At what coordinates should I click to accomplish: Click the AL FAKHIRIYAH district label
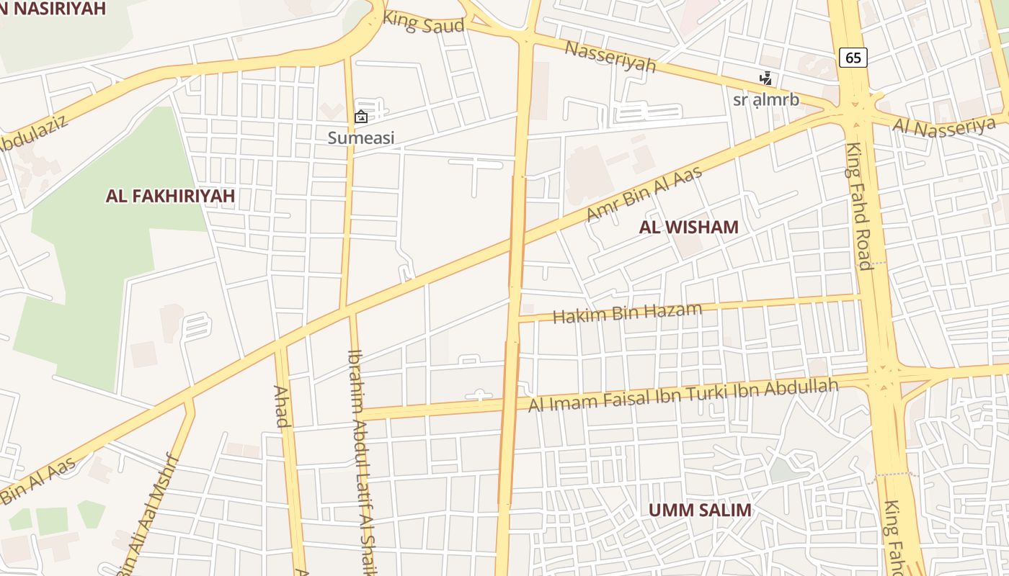[170, 196]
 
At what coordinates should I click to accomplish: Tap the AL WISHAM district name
[688, 228]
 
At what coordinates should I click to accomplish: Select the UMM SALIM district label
[699, 510]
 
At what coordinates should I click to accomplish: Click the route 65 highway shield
[853, 58]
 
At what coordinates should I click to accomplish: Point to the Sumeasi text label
[361, 138]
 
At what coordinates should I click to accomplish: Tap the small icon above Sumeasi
[361, 117]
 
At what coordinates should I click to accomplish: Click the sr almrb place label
[765, 100]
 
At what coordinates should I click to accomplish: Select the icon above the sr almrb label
[765, 78]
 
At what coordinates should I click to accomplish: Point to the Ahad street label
[282, 407]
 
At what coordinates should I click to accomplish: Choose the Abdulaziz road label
[32, 134]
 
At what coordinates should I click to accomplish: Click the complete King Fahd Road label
[858, 206]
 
